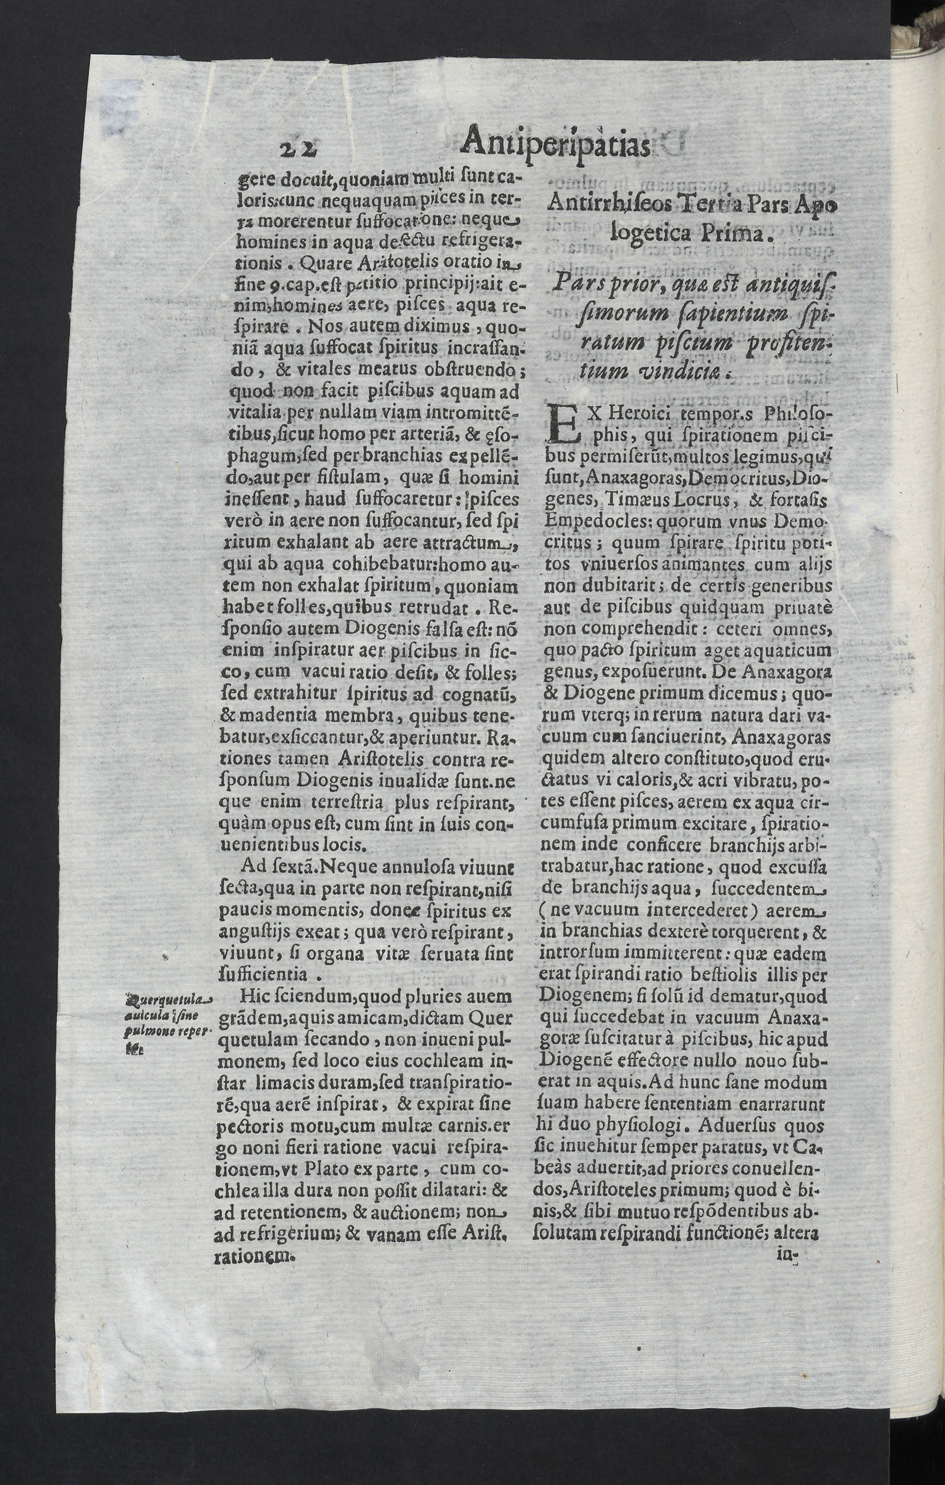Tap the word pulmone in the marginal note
142,1032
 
